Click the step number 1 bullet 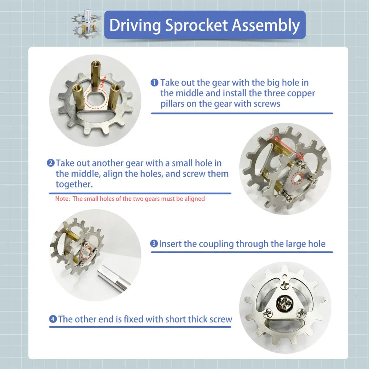tap(154, 82)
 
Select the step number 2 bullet tap(51, 163)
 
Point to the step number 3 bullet tap(154, 244)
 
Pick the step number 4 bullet tap(53, 319)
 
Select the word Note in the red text tap(62, 199)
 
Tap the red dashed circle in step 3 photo tap(88, 254)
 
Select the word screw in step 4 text tap(221, 319)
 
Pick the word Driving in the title tap(135, 25)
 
